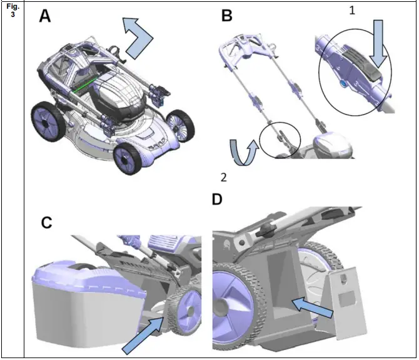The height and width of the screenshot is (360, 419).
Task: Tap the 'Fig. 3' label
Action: pyautogui.click(x=12, y=11)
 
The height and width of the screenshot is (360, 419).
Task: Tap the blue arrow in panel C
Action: pyautogui.click(x=142, y=333)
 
